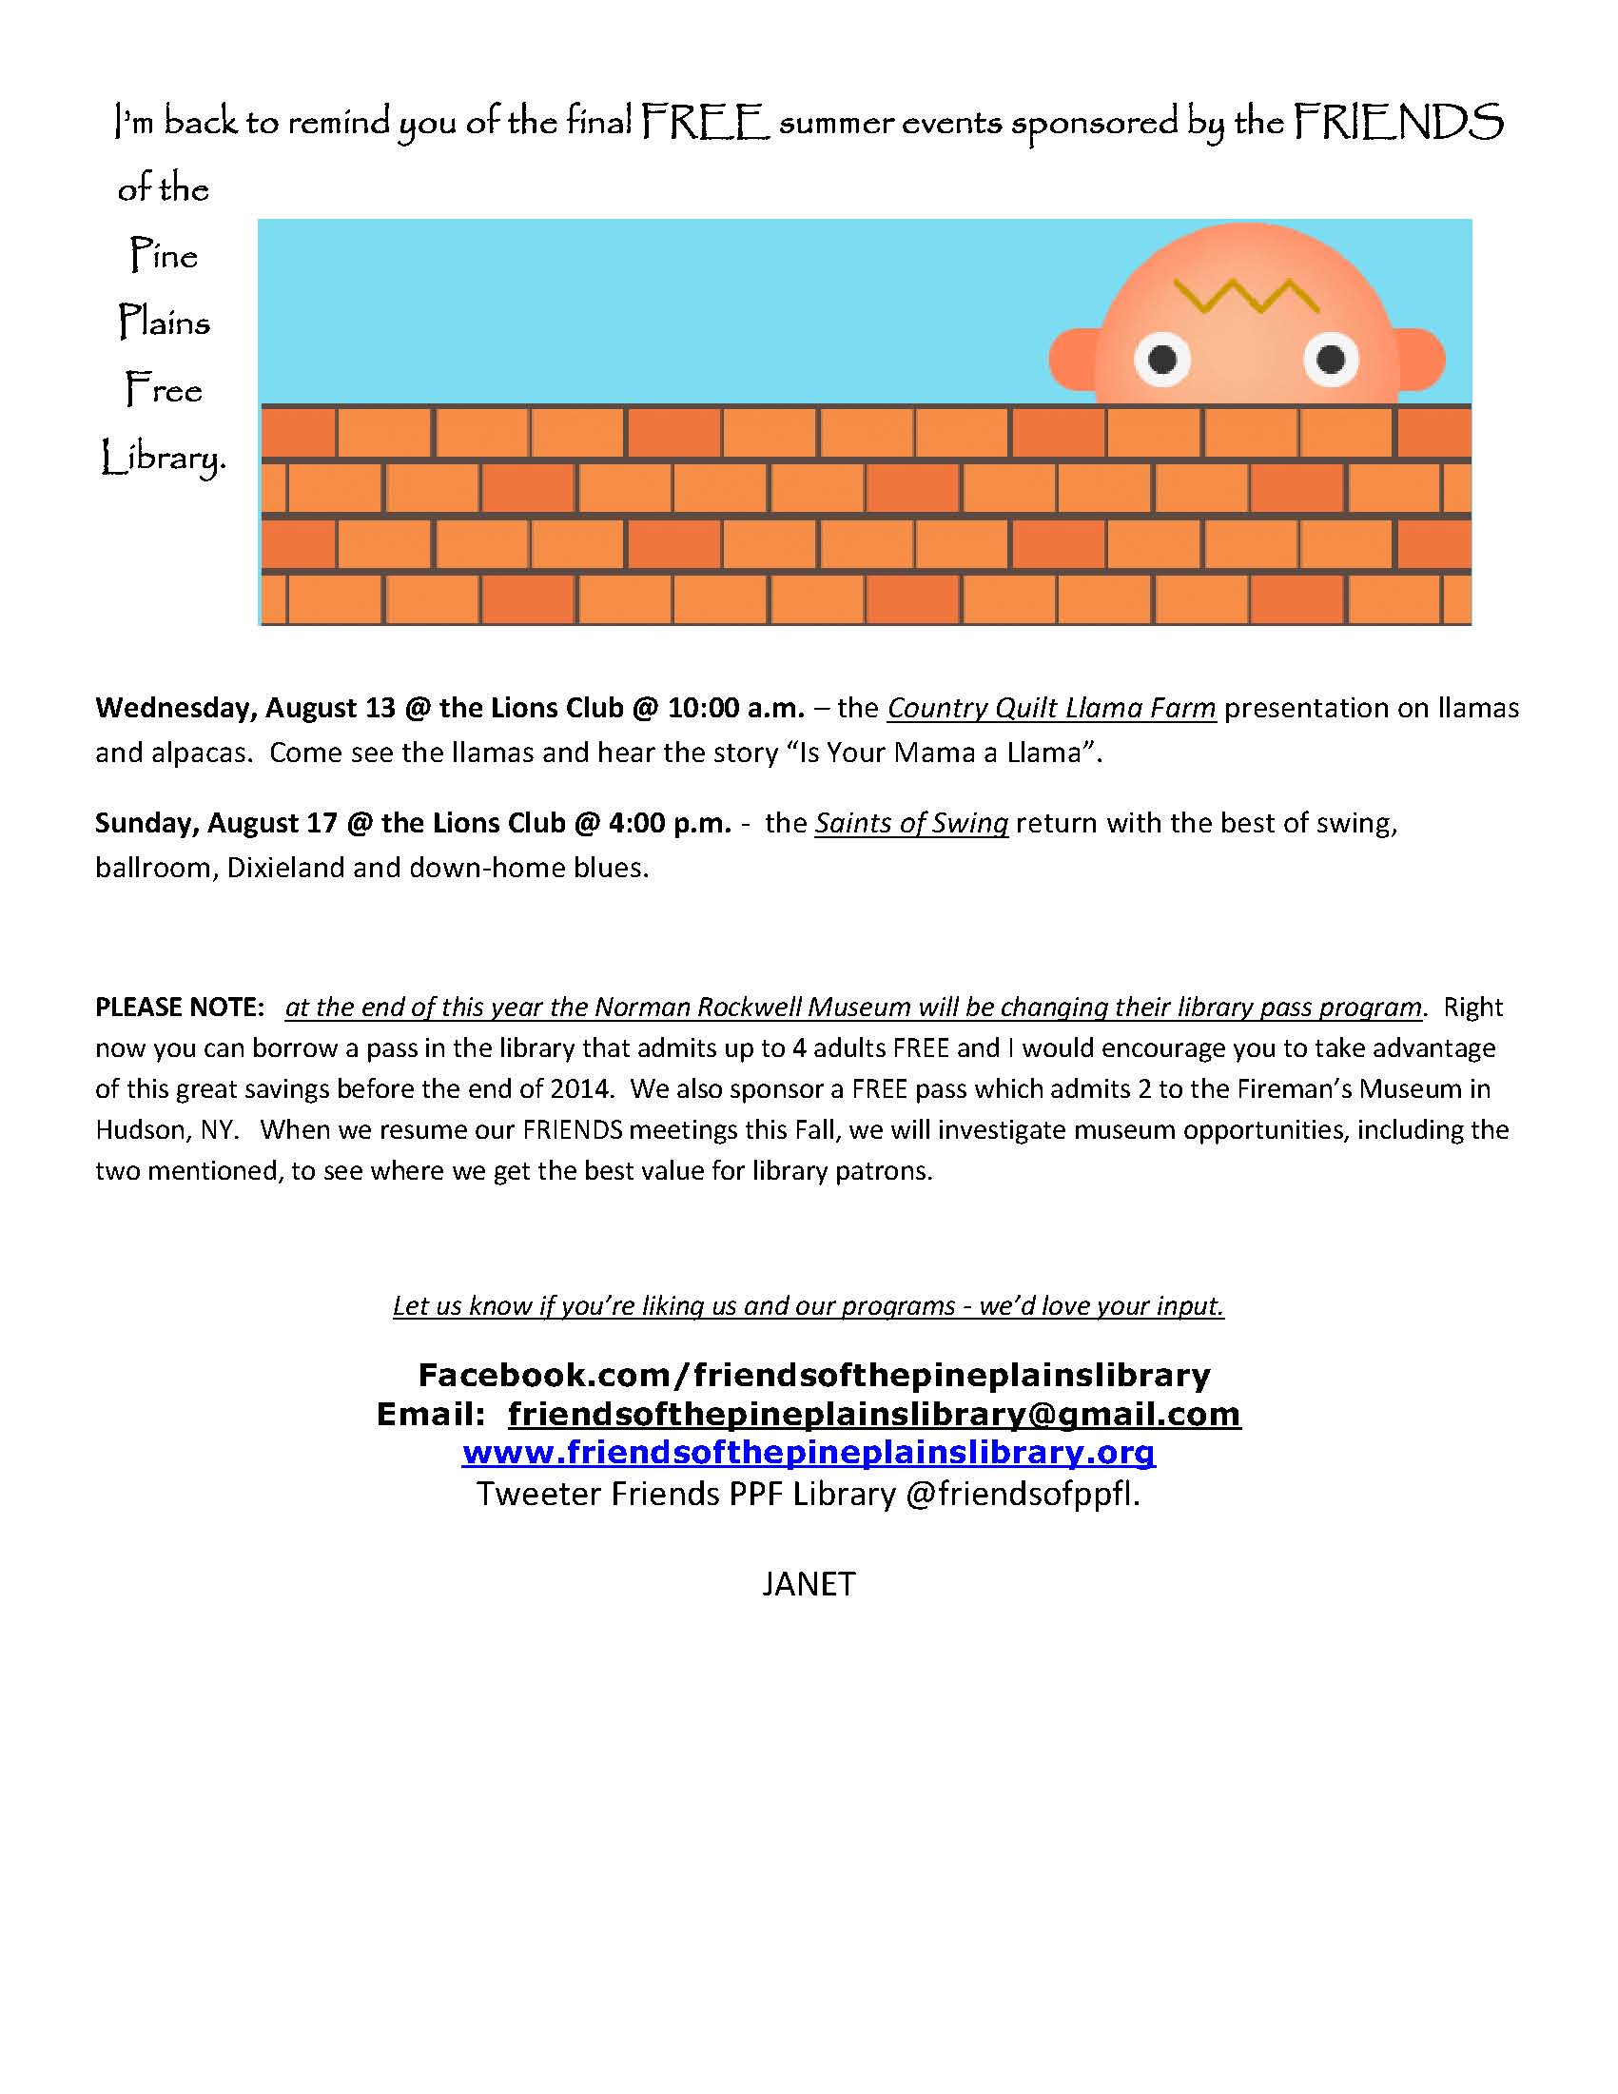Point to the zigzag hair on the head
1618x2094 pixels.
(1247, 296)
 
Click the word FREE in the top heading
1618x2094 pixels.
(705, 124)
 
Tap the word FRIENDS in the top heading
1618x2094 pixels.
(1398, 124)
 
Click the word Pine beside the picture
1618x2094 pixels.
(164, 256)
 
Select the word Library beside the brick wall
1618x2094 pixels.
(164, 459)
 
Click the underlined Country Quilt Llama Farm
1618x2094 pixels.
(1051, 708)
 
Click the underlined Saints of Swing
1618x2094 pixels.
(910, 823)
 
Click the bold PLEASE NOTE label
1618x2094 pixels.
(179, 1007)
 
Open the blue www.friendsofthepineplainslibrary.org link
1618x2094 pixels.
(808, 1453)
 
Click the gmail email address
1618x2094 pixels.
(874, 1413)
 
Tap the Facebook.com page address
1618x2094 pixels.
(814, 1375)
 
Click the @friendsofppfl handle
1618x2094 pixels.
(1022, 1494)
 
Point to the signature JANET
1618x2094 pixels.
(808, 1584)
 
